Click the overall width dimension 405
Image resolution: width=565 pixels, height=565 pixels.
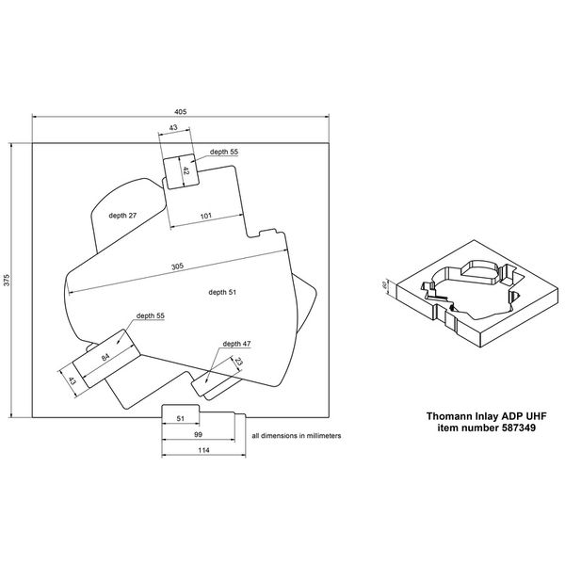pyautogui.click(x=181, y=112)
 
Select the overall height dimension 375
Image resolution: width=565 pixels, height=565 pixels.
pyautogui.click(x=8, y=281)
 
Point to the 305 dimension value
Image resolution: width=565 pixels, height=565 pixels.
pyautogui.click(x=177, y=266)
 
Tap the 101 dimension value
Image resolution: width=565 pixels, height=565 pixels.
pyautogui.click(x=205, y=216)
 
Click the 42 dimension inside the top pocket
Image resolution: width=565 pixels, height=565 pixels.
pyautogui.click(x=186, y=170)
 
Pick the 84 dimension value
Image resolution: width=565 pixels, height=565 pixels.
pyautogui.click(x=105, y=357)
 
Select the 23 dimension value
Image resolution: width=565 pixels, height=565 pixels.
pyautogui.click(x=238, y=361)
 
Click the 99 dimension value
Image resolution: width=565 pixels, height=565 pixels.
pyautogui.click(x=198, y=434)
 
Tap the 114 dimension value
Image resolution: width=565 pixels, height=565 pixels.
pyautogui.click(x=203, y=450)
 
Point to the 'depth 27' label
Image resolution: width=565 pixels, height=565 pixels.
pyautogui.click(x=122, y=216)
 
